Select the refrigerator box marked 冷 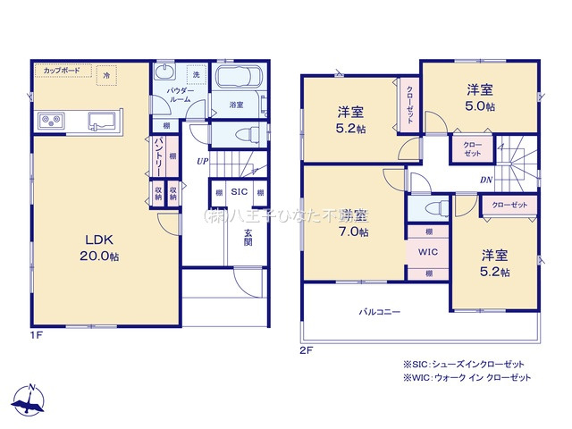coord(107,76)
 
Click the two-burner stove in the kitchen coord(50,121)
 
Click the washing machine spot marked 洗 coord(194,74)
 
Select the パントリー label coord(158,155)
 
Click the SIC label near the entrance coord(239,192)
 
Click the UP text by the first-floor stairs coord(204,162)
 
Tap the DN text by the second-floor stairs coord(484,179)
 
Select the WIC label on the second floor coord(429,252)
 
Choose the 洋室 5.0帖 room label coord(480,97)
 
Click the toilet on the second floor coord(433,209)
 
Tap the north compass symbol coord(30,399)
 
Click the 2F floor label coord(307,350)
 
